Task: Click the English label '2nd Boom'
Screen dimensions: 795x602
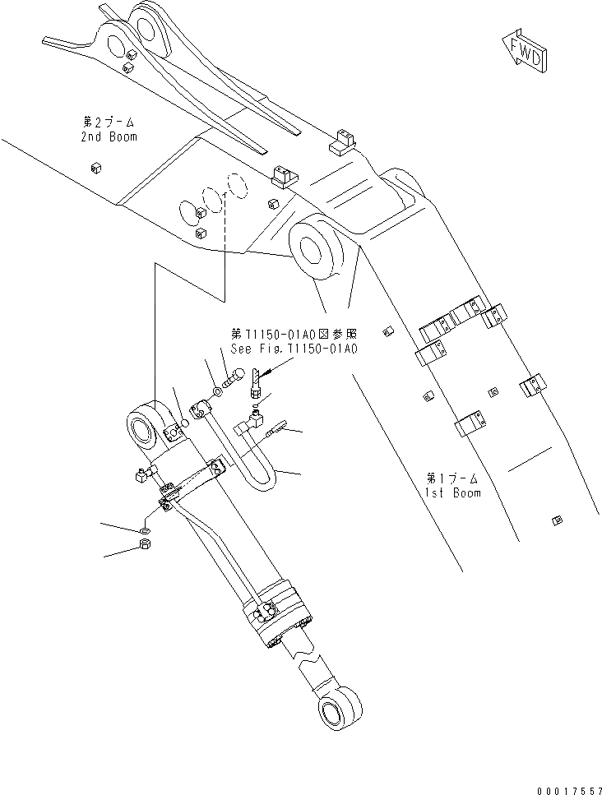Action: [109, 136]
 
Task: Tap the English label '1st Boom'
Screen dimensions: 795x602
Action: [453, 492]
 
